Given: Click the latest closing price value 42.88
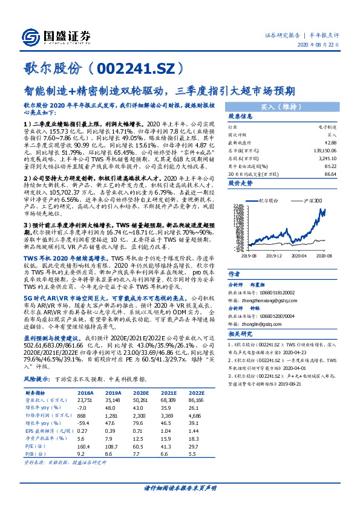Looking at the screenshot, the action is [x=330, y=141].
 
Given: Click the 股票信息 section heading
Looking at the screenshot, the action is [x=240, y=117].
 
